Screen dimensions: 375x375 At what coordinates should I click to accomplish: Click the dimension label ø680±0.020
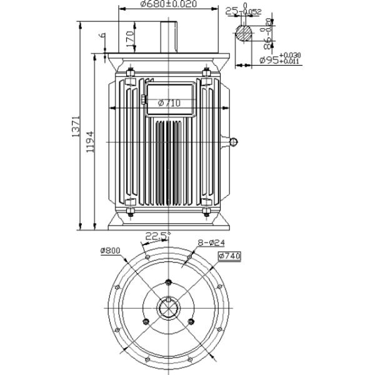coord(160,4)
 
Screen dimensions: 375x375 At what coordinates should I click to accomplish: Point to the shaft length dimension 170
coord(130,37)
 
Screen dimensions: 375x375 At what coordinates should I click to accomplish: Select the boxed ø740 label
coord(229,256)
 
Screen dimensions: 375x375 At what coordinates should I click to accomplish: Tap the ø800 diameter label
coord(109,251)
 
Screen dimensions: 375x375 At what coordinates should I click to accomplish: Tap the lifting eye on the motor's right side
coord(234,143)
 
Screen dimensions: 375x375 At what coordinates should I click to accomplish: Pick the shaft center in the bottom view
coord(169,307)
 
